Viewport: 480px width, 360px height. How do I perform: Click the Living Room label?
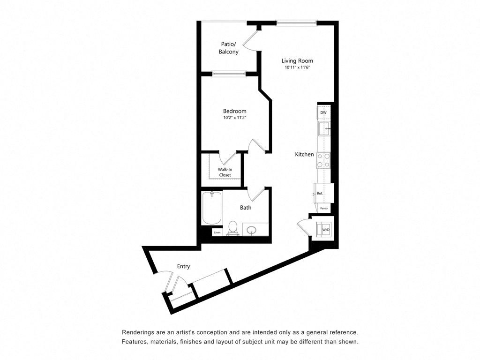[297, 60]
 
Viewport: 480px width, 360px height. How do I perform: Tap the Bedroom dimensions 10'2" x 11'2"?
[235, 118]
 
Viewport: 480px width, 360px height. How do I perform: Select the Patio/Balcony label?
[229, 48]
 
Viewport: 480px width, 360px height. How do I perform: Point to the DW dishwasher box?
[323, 113]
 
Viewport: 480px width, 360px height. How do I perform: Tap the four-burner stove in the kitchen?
[323, 160]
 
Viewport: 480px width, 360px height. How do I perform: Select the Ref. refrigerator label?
[320, 193]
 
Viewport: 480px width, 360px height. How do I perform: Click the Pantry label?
[323, 208]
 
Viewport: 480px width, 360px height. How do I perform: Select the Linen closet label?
[217, 232]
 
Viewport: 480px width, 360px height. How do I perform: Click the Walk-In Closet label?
[225, 172]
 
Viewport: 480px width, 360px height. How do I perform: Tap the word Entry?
[183, 266]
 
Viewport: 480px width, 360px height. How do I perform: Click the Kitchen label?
[304, 154]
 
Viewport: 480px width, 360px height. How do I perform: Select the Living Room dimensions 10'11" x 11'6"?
[297, 67]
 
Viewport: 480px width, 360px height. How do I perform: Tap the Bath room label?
[246, 207]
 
